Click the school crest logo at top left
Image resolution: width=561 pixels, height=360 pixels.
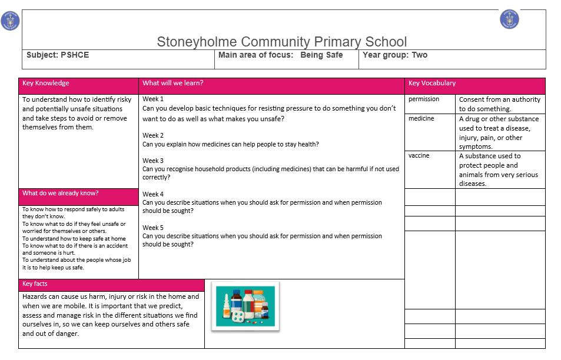[10, 21]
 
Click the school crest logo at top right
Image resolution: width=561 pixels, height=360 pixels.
[509, 19]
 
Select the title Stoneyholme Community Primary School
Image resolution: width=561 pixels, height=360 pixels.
[281, 42]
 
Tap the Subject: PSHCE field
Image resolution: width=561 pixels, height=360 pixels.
[58, 55]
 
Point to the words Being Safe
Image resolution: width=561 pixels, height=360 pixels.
[321, 55]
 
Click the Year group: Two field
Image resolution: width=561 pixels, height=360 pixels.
[395, 55]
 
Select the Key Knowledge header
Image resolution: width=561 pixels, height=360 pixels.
[46, 84]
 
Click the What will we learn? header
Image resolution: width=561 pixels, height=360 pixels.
[172, 84]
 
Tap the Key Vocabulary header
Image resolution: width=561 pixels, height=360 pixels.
[432, 84]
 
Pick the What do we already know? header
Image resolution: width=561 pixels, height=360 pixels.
[60, 194]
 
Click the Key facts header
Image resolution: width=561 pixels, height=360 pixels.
[35, 284]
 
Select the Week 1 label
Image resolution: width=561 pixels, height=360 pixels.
[153, 99]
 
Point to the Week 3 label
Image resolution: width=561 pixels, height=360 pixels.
[153, 161]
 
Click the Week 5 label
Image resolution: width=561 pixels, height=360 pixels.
[153, 228]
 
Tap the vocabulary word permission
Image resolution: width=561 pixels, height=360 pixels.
[424, 99]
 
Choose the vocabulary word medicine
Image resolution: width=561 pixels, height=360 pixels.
[421, 119]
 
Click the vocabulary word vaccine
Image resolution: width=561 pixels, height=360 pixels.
[419, 156]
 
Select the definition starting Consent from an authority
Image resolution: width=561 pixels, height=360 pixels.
[499, 104]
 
